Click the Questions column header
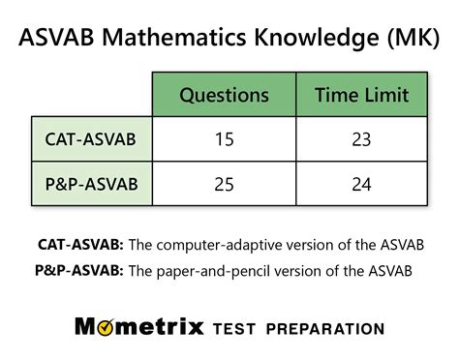224,95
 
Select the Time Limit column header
361,95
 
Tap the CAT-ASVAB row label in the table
90,139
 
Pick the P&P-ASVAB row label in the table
90,184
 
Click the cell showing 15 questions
224,139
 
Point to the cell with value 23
361,139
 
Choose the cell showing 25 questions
224,184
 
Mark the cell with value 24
361,184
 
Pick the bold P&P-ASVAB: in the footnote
81,270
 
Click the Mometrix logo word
139,327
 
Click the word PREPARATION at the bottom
329,328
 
